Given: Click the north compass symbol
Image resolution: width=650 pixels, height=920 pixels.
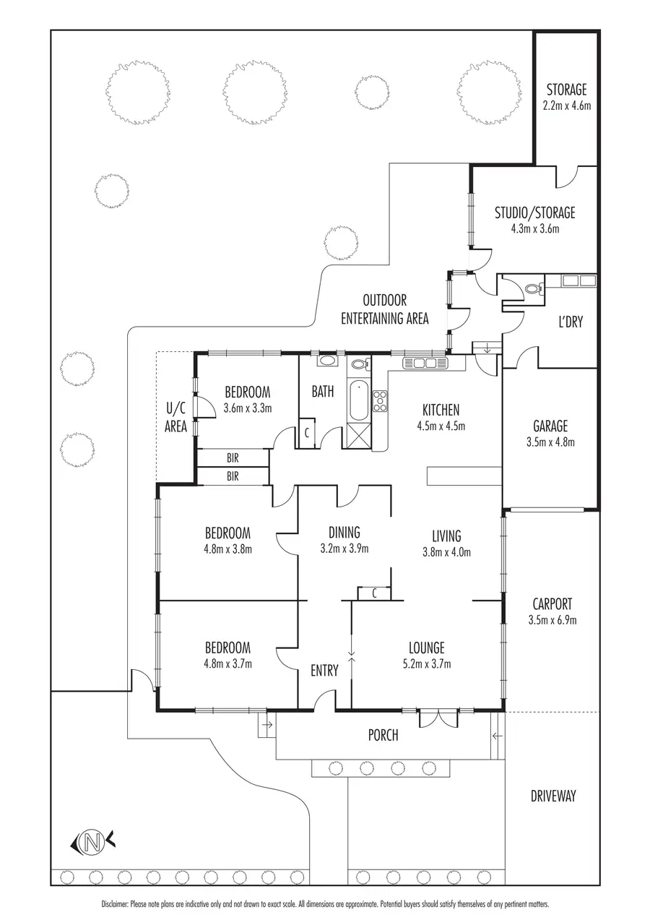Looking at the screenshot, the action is [92, 841].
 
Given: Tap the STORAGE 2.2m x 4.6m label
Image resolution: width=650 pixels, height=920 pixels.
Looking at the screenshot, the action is [566, 98].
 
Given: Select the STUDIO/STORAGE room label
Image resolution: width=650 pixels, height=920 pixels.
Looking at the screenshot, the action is [534, 213].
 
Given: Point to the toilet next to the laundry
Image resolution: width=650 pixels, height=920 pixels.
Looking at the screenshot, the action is [533, 289].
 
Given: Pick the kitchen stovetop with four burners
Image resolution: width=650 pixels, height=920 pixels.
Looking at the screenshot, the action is [380, 400].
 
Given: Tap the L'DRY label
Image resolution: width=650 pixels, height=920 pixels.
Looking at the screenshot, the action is [571, 322].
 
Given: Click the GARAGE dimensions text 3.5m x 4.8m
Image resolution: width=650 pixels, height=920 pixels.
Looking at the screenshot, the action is [550, 442].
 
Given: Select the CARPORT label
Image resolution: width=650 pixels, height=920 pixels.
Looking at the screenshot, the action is [552, 604].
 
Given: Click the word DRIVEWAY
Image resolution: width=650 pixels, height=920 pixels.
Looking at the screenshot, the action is [553, 796].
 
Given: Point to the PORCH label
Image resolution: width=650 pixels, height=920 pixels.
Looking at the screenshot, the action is [383, 736].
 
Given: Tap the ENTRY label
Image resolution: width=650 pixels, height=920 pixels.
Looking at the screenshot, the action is [324, 671].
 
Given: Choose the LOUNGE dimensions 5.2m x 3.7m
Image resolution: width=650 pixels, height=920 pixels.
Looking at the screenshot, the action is [426, 663].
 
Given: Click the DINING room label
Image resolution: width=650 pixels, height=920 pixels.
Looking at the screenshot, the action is [343, 533].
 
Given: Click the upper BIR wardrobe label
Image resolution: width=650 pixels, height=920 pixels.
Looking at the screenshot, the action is [233, 457].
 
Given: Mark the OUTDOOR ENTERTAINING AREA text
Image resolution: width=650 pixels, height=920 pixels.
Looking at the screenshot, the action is [384, 309].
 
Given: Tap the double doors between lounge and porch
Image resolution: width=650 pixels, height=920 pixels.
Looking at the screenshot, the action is [438, 718].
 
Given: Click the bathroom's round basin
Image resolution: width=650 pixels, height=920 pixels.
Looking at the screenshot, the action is [326, 360].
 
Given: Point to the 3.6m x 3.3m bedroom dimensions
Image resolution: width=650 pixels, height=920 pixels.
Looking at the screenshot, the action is [247, 408].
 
